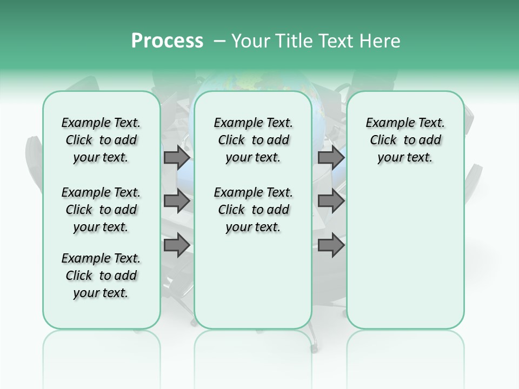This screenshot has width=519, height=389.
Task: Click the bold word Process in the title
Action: pyautogui.click(x=167, y=41)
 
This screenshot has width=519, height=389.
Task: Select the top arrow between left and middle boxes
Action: pyautogui.click(x=177, y=157)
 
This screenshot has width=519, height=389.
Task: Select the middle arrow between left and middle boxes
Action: pyautogui.click(x=177, y=201)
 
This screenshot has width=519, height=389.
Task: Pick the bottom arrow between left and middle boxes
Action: pyautogui.click(x=177, y=245)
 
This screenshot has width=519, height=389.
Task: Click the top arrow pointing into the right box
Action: pyautogui.click(x=331, y=157)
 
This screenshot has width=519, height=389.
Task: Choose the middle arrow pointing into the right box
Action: pyautogui.click(x=331, y=201)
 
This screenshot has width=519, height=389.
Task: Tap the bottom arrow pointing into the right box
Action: pyautogui.click(x=331, y=245)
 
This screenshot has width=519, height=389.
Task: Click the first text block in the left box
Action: pyautogui.click(x=101, y=140)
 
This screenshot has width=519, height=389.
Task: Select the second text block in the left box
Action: pyautogui.click(x=101, y=210)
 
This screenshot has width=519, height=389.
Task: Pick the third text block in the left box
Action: pyautogui.click(x=101, y=276)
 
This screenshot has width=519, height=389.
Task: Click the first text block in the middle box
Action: pyautogui.click(x=253, y=140)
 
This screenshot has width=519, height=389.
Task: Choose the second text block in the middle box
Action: pyautogui.click(x=253, y=210)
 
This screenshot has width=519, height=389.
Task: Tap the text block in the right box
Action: pyautogui.click(x=405, y=140)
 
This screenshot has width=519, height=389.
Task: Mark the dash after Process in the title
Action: pyautogui.click(x=219, y=41)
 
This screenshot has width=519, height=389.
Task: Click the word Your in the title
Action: pyautogui.click(x=249, y=41)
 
